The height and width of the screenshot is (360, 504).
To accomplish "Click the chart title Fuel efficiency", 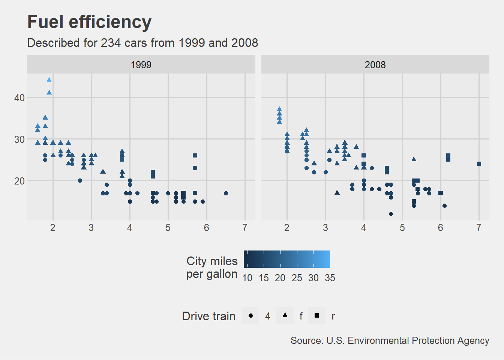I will [89, 22].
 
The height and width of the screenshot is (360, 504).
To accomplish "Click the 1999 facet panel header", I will [141, 64].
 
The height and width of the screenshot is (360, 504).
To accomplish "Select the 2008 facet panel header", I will [375, 64].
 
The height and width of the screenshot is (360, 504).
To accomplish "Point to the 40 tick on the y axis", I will [19, 98].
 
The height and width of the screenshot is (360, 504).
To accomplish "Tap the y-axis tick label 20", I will [19, 181].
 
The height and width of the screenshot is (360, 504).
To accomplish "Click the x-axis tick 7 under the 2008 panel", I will [479, 228].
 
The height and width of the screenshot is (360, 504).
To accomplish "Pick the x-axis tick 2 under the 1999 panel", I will [53, 228].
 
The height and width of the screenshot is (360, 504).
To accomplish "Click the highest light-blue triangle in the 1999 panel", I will [49, 80].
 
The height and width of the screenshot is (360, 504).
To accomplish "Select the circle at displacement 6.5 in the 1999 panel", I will [226, 193].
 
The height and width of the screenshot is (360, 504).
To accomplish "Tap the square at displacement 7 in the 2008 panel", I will [479, 164].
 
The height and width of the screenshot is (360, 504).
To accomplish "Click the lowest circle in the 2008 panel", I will [391, 214].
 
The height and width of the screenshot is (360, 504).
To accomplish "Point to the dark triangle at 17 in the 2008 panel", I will [337, 193].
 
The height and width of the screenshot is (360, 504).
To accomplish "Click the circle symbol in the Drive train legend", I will [250, 316].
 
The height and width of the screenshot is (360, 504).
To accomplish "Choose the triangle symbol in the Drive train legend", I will [285, 315].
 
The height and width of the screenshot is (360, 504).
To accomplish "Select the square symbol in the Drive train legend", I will [317, 316].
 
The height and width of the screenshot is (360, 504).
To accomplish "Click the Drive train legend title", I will [208, 316].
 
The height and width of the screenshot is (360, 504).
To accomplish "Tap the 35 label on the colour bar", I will [330, 278].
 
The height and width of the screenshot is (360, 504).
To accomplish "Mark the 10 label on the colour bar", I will [247, 278].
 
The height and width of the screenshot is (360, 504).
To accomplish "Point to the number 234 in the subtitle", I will [111, 43].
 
